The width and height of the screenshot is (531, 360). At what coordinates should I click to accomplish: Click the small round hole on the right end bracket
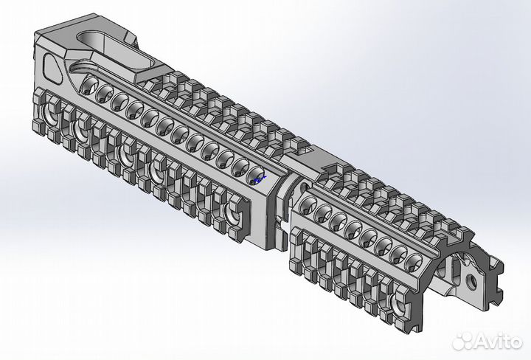(470, 281)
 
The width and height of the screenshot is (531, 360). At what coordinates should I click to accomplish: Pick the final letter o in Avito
(518, 340)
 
